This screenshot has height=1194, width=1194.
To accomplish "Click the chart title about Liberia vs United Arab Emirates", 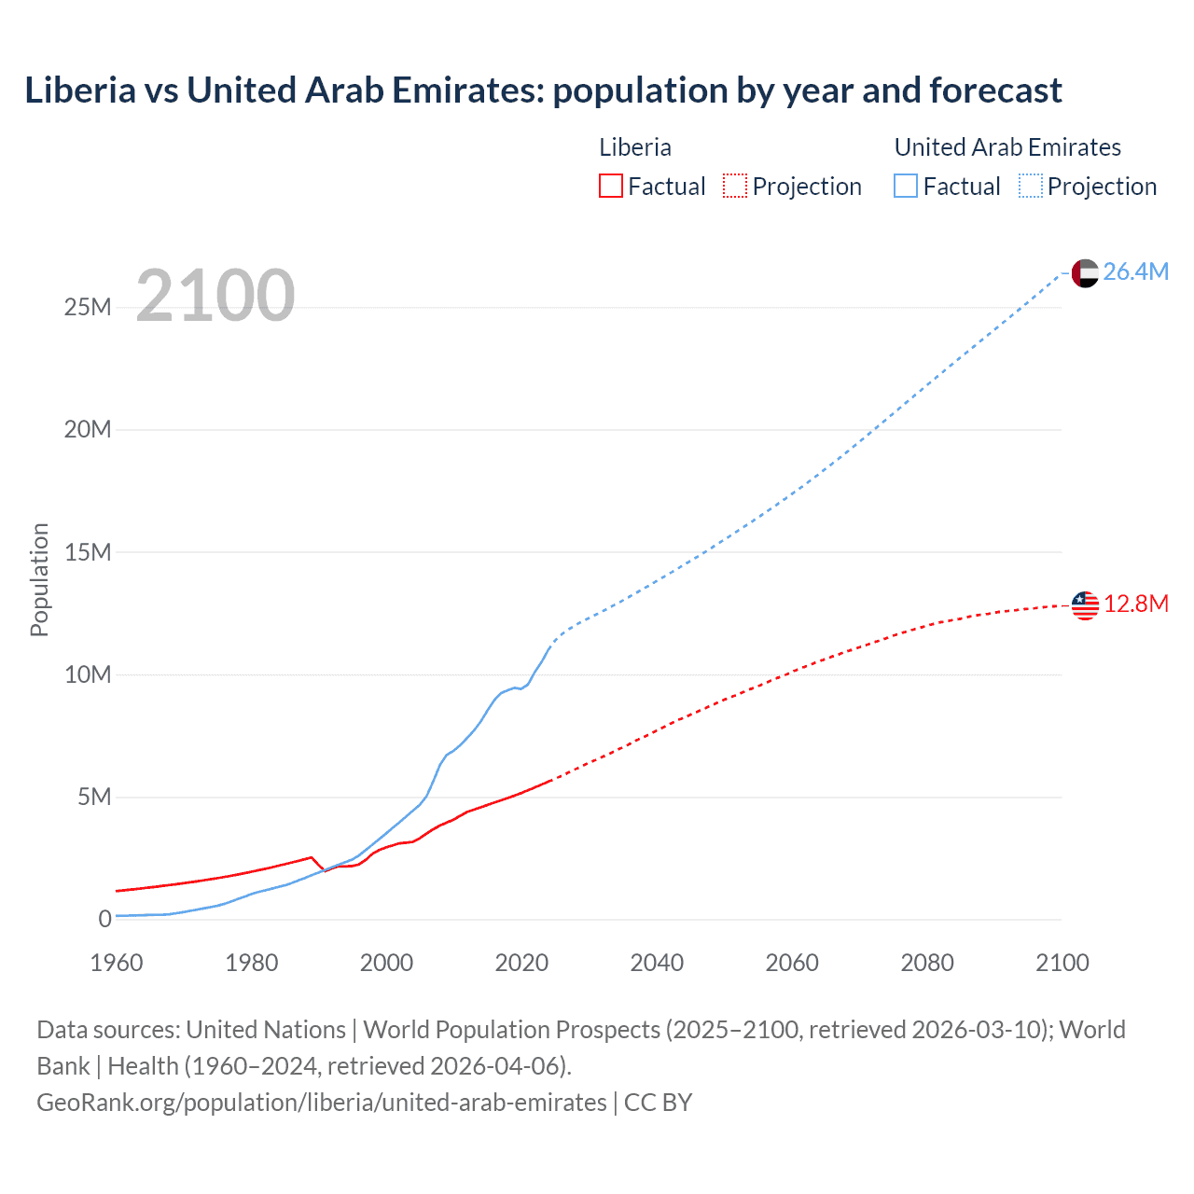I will [543, 90].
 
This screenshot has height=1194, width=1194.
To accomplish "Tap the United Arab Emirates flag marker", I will [1085, 272].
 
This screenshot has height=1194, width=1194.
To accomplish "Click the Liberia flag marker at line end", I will [1085, 605].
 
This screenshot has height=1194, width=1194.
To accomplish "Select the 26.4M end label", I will [1135, 271].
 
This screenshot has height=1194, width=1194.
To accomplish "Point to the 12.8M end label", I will [1135, 604].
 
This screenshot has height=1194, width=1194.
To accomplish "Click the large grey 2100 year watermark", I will [215, 296].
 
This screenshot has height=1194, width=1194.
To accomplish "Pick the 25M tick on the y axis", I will [88, 307].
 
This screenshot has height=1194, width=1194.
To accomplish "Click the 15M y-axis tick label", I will [88, 552].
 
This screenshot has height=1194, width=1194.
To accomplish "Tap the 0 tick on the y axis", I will [104, 919].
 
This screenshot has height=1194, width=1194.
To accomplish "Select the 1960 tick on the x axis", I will [117, 963].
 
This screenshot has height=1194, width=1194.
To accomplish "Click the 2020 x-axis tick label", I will [521, 963].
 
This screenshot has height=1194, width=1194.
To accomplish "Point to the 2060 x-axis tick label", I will [792, 963].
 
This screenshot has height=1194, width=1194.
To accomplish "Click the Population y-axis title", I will [39, 579].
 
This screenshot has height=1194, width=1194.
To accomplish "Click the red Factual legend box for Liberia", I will [611, 186].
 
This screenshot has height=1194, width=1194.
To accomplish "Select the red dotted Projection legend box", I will [735, 186].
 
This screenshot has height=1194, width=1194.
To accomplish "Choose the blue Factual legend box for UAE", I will [906, 186].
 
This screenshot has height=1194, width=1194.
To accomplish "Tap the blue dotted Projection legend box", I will [1031, 186].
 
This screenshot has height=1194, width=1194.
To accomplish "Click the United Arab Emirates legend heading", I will [1007, 147].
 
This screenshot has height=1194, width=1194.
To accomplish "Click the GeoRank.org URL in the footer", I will [322, 1102].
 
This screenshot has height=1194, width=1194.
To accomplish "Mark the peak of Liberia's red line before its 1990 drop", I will [311, 856].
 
